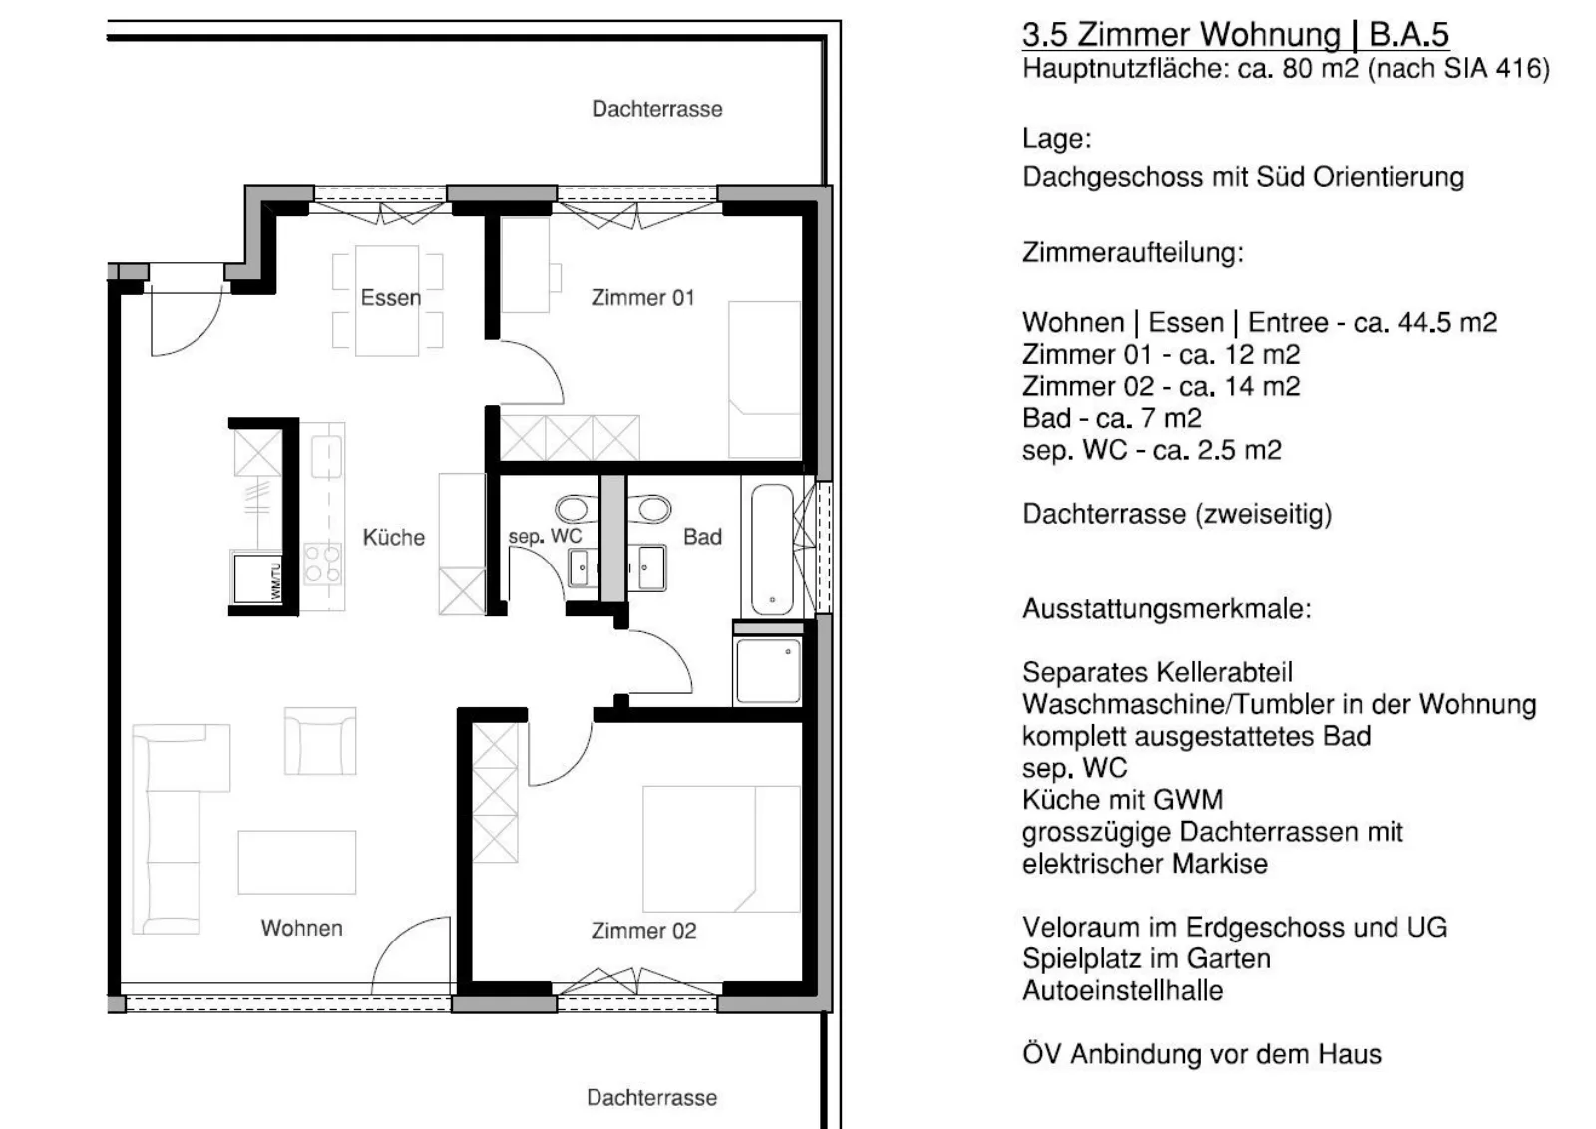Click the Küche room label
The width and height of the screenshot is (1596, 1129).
[x=393, y=537]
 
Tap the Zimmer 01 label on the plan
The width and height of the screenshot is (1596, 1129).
[x=642, y=298]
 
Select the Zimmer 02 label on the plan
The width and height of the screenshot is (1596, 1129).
[x=643, y=931]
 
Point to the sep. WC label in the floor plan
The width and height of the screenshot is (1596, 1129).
[x=545, y=536]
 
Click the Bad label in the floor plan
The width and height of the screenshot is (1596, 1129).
[x=702, y=537]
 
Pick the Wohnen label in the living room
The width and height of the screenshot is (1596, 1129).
[x=301, y=928]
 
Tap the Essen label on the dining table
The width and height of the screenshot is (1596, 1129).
[x=390, y=298]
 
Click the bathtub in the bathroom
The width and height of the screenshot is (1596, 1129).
[x=772, y=550]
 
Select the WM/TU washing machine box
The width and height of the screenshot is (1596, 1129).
[x=258, y=578]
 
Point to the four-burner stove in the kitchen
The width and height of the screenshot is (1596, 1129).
[x=323, y=564]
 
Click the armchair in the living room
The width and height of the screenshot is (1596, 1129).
[x=320, y=741]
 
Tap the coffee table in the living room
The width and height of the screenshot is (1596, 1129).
[x=297, y=862]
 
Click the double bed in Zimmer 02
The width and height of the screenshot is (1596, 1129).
[x=721, y=849]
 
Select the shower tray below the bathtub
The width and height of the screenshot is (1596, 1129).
[x=768, y=671]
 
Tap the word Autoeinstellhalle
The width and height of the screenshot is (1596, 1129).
[x=1123, y=990]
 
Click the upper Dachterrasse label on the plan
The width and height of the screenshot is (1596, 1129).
[x=657, y=109]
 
